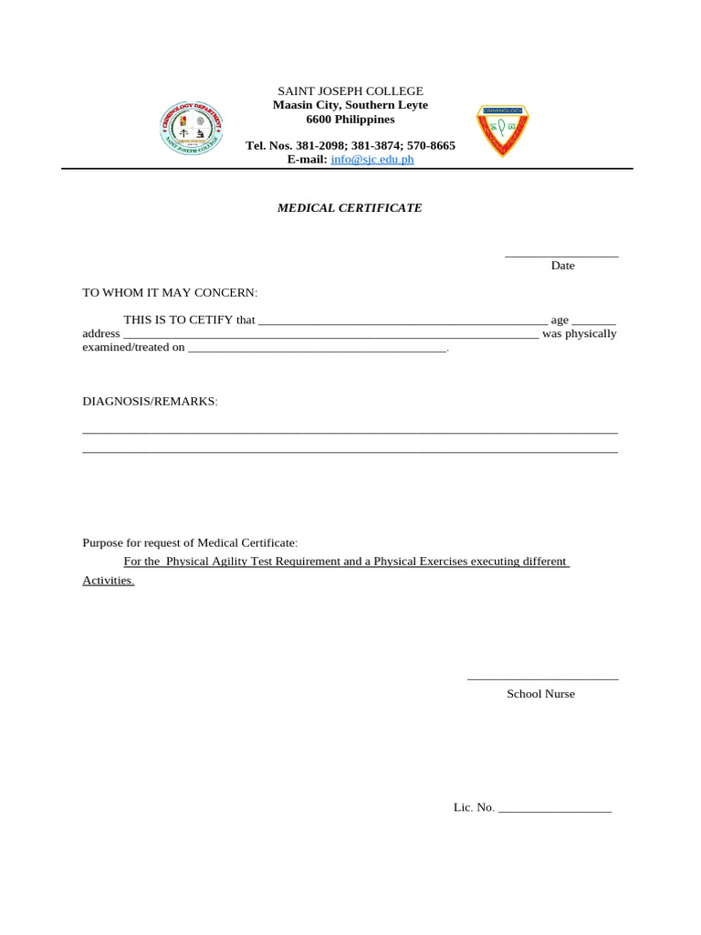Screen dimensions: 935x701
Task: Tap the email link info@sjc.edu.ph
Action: click(x=371, y=159)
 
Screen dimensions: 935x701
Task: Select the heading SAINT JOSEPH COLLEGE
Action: click(x=350, y=91)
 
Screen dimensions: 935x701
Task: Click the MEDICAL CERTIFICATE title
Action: click(x=350, y=208)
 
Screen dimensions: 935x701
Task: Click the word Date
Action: click(x=562, y=266)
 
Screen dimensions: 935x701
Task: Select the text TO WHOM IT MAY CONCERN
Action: click(x=170, y=292)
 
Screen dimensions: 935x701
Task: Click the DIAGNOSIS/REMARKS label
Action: click(x=150, y=402)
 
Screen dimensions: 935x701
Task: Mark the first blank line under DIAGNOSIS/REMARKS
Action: click(x=350, y=432)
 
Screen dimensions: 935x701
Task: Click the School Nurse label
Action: click(x=541, y=694)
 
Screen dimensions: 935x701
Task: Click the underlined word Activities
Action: click(x=108, y=581)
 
